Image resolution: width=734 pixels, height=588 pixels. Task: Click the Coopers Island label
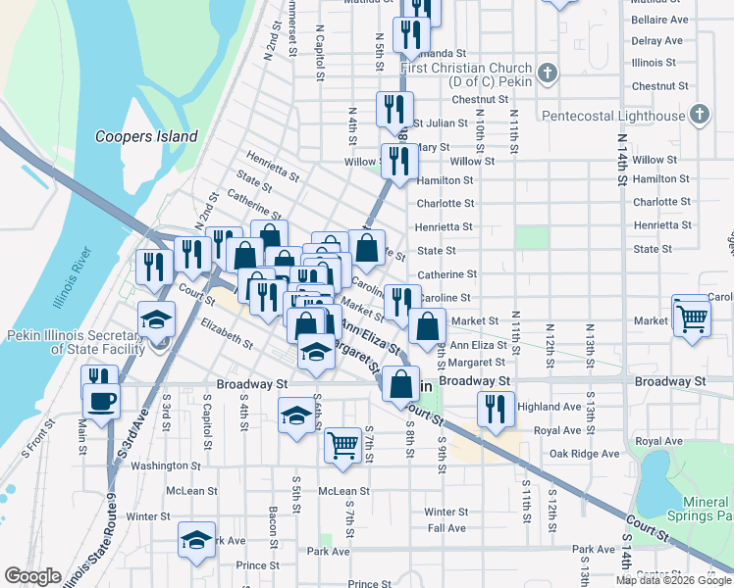coord(146,137)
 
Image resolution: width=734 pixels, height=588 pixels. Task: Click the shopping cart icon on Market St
coord(692,317)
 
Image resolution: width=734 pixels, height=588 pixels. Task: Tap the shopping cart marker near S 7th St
coord(342,446)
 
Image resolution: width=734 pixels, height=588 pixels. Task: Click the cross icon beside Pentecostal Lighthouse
coord(699,116)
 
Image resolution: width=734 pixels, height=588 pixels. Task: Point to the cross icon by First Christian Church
coord(548,73)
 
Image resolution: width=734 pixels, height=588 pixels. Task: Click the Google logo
coord(32,576)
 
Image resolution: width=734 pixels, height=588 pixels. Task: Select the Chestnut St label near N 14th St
coord(655,86)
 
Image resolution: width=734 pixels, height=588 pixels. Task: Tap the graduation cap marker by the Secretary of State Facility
coord(156,319)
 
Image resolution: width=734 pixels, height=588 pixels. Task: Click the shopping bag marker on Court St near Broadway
coord(401,384)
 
